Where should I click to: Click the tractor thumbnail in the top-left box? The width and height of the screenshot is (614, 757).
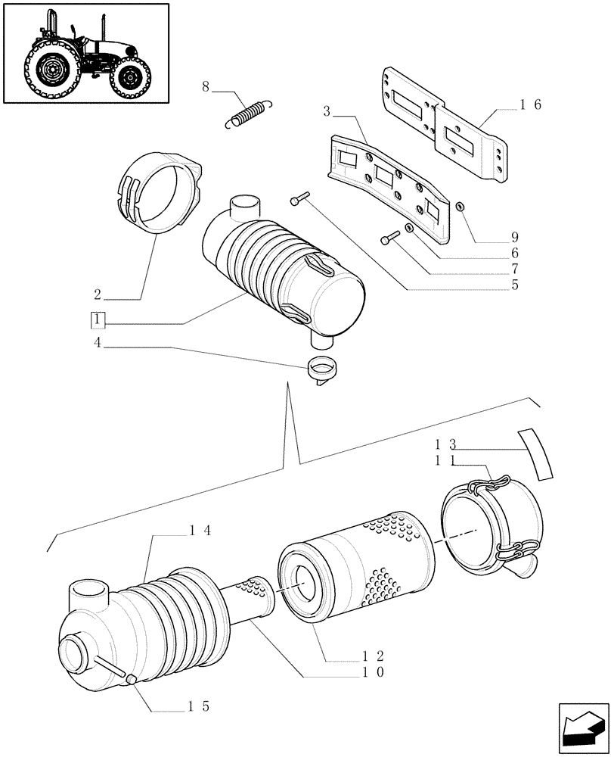pyautogui.click(x=85, y=53)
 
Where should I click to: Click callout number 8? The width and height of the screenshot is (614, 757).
pyautogui.click(x=205, y=87)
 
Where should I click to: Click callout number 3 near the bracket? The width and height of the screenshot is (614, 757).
pyautogui.click(x=327, y=111)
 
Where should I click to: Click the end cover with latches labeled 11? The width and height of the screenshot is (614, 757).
pyautogui.click(x=492, y=522)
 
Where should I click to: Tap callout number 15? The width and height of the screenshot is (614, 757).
pyautogui.click(x=199, y=706)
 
